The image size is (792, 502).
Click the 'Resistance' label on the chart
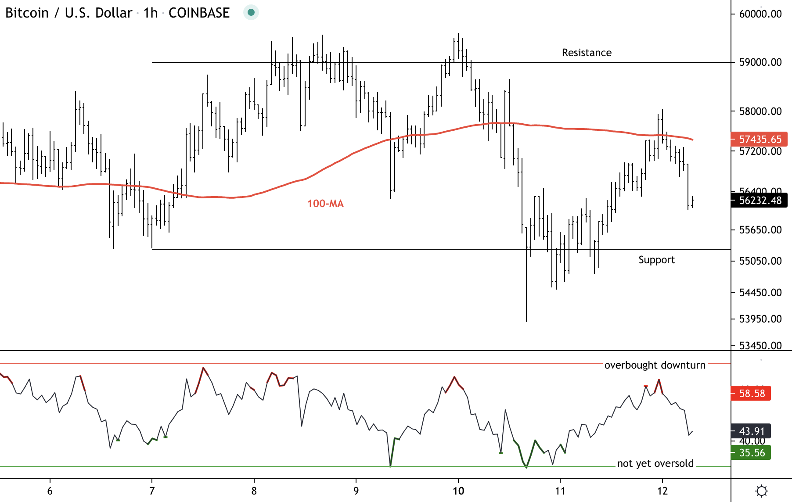click(x=587, y=53)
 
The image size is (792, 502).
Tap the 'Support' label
click(x=656, y=260)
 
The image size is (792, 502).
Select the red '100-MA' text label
click(x=325, y=204)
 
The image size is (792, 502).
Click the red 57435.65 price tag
click(x=760, y=140)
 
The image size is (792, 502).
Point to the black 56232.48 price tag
click(x=760, y=201)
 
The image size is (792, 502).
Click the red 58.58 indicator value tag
click(x=751, y=393)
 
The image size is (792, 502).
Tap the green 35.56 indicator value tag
click(x=751, y=453)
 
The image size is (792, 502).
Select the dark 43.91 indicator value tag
click(x=751, y=431)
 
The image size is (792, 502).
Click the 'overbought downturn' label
click(x=655, y=365)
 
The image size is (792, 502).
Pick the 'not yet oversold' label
click(x=655, y=463)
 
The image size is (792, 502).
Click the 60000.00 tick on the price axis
click(x=760, y=14)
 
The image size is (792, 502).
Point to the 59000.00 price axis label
click(x=760, y=62)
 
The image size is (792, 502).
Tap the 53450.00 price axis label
click(x=760, y=346)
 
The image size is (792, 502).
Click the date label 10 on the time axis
click(x=458, y=491)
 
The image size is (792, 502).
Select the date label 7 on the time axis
click(x=152, y=491)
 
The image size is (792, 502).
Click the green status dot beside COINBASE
click(x=251, y=12)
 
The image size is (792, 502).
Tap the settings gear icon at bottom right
click(x=762, y=491)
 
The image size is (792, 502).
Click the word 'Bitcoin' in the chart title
click(x=27, y=13)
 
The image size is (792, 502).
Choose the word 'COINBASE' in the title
click(x=199, y=13)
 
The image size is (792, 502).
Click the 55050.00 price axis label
click(x=760, y=261)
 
